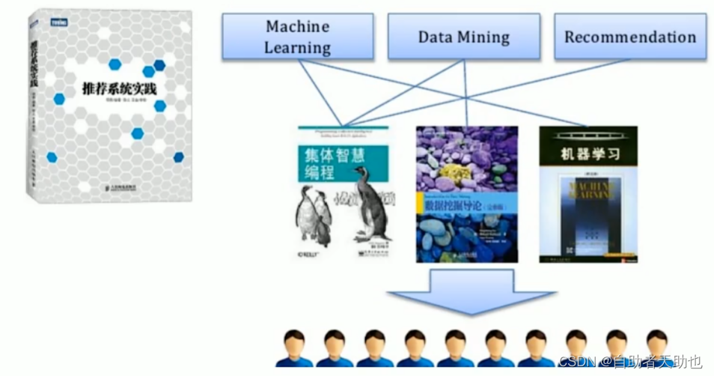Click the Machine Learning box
click(298, 37)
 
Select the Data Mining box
click(463, 37)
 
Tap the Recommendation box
click(629, 37)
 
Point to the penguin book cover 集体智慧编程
click(343, 193)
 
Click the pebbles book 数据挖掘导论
click(467, 193)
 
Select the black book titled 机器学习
click(588, 193)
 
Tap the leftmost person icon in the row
click(293, 348)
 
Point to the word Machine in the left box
click(297, 26)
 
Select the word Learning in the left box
click(297, 47)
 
